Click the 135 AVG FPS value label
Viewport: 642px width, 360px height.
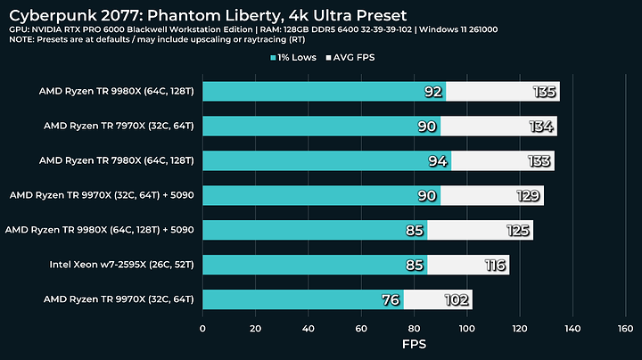545,92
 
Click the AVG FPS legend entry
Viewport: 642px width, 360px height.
363,58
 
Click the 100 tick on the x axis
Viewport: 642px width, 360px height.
466,329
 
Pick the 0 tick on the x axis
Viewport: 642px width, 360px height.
203,329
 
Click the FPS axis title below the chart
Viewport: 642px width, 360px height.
413,345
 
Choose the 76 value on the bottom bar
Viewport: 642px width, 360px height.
390,299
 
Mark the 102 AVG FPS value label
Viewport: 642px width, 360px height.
457,299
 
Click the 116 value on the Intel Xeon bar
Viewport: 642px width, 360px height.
494,265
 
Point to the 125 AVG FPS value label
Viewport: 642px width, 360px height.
518,231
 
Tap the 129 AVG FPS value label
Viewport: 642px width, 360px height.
529,196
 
